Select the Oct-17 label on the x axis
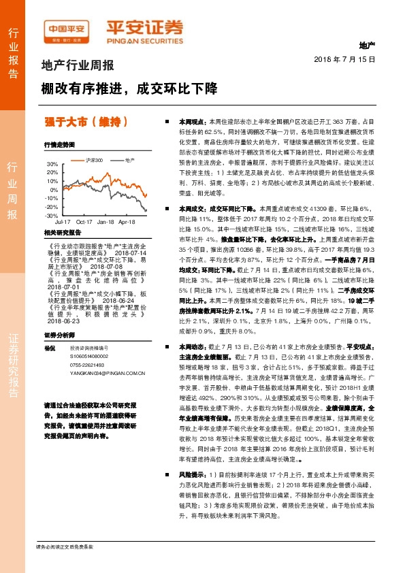[85, 222]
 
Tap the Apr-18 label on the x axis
[127, 222]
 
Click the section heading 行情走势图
[59, 145]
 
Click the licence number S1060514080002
[89, 356]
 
